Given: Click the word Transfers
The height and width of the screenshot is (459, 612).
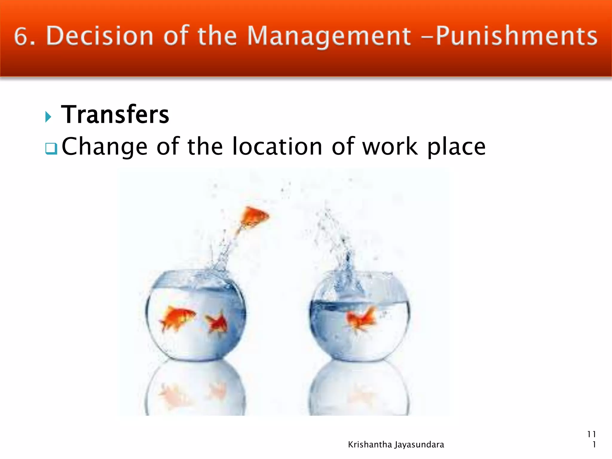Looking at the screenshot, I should (115, 114).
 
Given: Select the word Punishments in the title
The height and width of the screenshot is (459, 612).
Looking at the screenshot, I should (516, 36).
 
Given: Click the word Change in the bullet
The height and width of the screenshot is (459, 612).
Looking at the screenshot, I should (105, 146).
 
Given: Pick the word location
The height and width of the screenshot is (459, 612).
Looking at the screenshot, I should (277, 146).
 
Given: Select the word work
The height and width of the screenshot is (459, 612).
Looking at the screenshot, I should (390, 146).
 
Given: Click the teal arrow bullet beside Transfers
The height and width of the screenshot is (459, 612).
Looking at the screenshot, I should (48, 116).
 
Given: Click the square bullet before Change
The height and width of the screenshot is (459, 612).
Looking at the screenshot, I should (51, 148).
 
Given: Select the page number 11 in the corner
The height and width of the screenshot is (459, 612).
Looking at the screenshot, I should (591, 434).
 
